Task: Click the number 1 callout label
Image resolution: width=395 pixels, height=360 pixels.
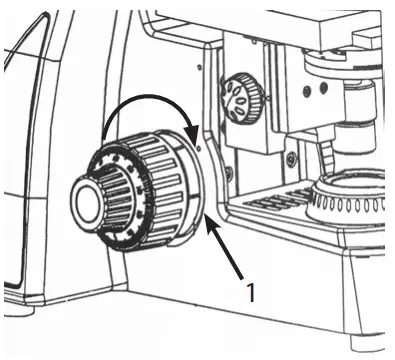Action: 251,292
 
